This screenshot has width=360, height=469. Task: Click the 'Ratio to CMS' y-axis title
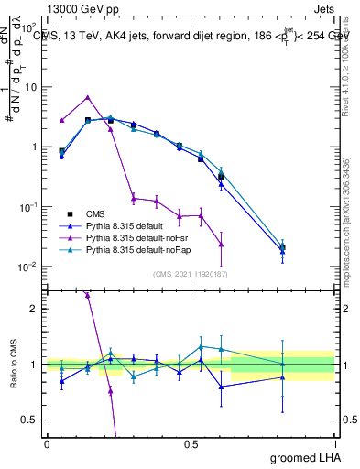tap(12, 364)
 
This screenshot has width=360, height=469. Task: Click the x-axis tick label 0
tap(47, 443)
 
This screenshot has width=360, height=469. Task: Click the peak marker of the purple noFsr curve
tap(87, 97)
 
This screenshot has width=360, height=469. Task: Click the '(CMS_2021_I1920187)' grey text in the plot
tap(190, 274)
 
